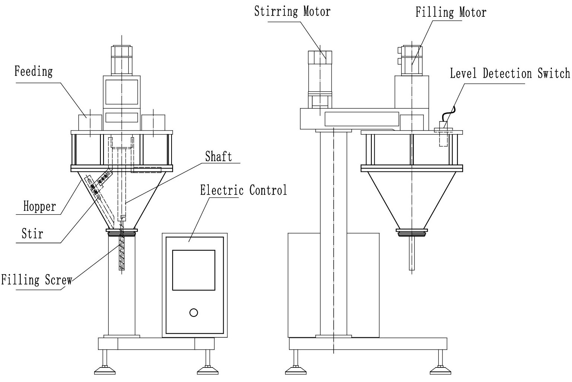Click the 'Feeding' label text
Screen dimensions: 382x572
coord(33,71)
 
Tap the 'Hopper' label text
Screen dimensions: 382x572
coord(39,206)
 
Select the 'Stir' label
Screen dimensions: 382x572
coord(32,234)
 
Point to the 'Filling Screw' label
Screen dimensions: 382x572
coord(36,280)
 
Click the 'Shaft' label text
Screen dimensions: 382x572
coord(218,156)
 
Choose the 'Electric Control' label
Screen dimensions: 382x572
coord(243,190)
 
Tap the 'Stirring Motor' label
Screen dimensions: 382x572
coord(292,11)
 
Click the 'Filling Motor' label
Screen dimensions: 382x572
coord(451,12)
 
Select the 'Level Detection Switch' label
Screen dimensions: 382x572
coord(509,73)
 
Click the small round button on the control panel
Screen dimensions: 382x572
coord(194,312)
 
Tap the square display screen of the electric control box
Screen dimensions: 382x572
coord(194,270)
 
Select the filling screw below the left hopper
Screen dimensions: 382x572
coord(122,251)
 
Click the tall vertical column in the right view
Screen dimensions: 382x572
coord(333,234)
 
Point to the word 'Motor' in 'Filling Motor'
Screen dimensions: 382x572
coord(473,12)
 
